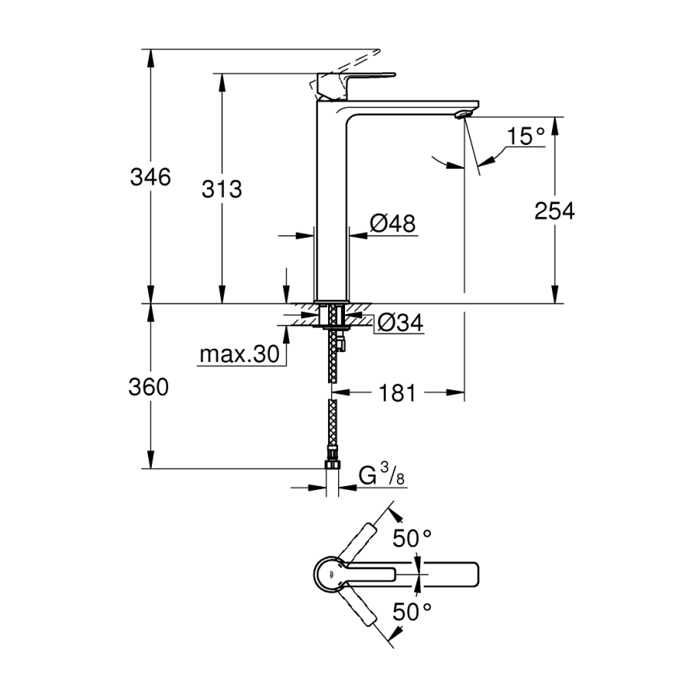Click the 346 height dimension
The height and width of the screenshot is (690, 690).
click(x=149, y=177)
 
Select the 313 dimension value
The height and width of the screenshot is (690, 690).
click(x=222, y=189)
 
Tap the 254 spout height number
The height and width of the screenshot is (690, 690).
click(x=554, y=210)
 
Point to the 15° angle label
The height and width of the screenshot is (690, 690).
click(x=525, y=136)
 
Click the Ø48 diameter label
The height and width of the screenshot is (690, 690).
click(x=392, y=224)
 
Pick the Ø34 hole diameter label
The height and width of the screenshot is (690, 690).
click(x=399, y=324)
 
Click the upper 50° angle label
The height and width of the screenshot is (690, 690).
click(x=412, y=538)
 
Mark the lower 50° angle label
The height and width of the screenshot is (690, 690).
click(x=412, y=611)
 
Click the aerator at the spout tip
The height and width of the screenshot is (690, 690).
click(x=460, y=114)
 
